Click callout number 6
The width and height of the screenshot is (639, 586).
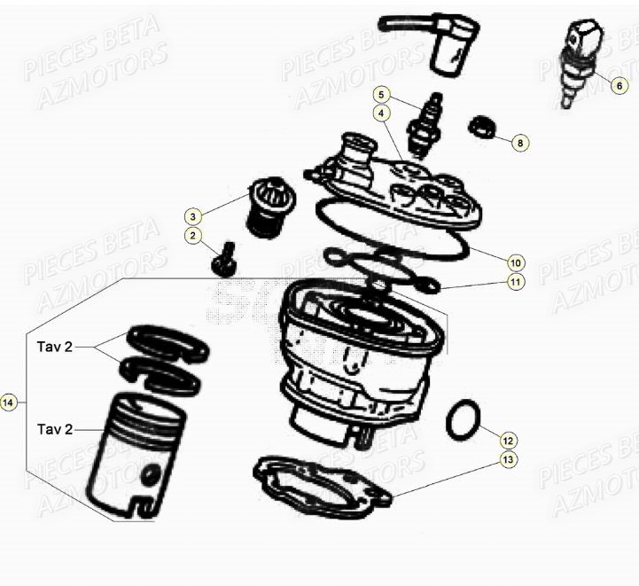coord(620,86)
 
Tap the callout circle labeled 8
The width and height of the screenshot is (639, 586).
coord(520,142)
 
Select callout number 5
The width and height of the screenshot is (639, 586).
coord(380,94)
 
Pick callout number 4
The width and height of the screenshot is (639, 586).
coord(380,113)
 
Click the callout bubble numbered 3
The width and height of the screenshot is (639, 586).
coord(193,215)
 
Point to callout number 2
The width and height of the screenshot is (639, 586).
coord(193,235)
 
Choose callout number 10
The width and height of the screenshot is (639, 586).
coord(515,262)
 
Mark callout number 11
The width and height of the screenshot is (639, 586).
coord(515,282)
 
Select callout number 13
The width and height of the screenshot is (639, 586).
coord(507,460)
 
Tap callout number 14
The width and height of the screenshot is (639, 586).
coord(9,403)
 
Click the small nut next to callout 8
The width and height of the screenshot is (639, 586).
coord(479,126)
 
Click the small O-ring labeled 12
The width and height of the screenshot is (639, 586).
coord(464,419)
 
